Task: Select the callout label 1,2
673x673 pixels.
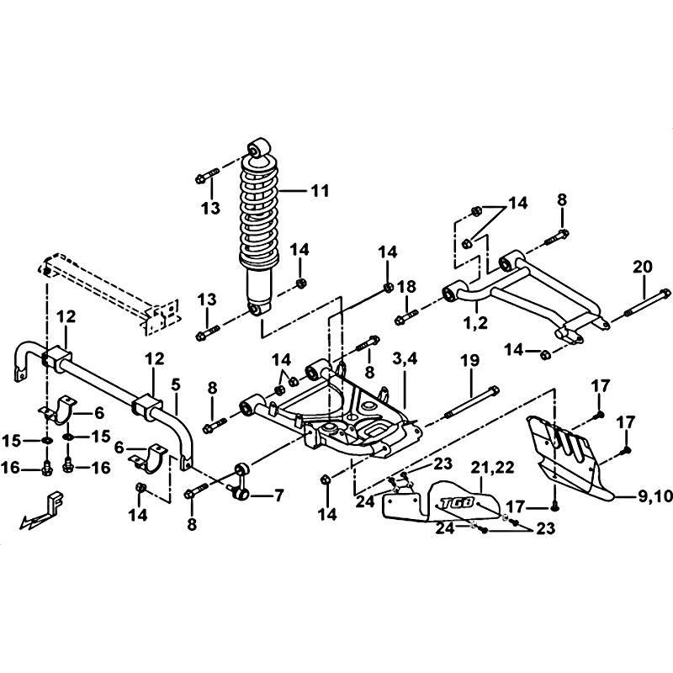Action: (x=474, y=322)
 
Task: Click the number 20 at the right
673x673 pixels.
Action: (x=643, y=266)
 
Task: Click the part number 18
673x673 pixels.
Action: (x=406, y=287)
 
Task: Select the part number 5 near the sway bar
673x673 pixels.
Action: (x=176, y=384)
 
